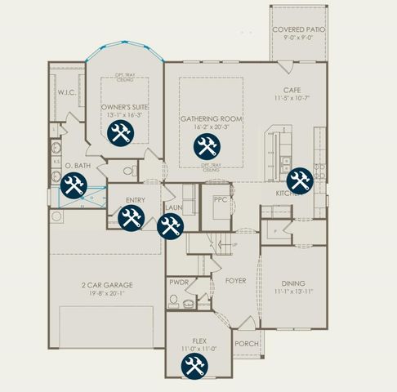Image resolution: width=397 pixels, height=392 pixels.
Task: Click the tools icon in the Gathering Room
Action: tap(205, 147)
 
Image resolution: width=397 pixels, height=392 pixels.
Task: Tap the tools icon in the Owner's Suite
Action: tap(120, 135)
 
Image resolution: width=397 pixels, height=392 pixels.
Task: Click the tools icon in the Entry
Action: tap(132, 217)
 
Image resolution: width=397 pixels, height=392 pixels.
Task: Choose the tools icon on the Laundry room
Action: tap(170, 227)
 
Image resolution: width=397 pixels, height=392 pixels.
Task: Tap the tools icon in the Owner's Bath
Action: tap(74, 186)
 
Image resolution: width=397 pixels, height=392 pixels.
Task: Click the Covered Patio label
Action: tap(298, 29)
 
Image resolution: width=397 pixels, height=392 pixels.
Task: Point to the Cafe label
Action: tap(293, 91)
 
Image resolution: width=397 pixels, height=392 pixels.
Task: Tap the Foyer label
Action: tap(235, 281)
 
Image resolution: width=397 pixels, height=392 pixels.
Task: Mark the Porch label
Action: tap(246, 344)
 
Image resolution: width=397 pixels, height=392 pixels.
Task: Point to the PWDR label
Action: tap(179, 282)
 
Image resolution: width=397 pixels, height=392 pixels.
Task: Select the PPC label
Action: tap(219, 198)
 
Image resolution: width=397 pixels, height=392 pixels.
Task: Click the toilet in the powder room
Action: tap(174, 301)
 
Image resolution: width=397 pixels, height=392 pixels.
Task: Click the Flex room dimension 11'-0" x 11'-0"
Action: tap(194, 349)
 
